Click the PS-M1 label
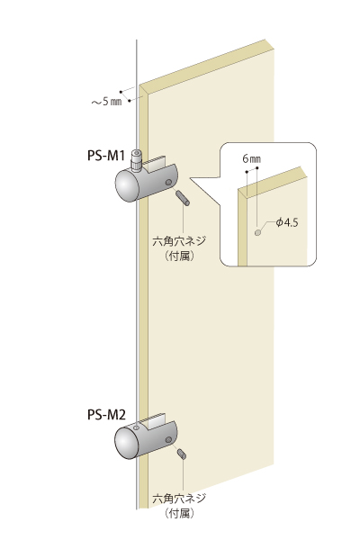[x=105, y=156]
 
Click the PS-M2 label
[x=106, y=415]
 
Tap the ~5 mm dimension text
[x=106, y=102]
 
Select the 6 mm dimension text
[x=251, y=158]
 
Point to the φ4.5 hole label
[x=286, y=222]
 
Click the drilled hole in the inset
[x=257, y=232]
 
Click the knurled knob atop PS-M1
[x=137, y=160]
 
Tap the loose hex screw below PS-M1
[x=183, y=198]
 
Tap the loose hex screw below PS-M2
[x=182, y=454]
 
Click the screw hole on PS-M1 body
[x=168, y=182]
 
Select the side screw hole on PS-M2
[x=168, y=439]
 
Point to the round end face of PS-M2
[x=126, y=443]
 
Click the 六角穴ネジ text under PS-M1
[x=179, y=240]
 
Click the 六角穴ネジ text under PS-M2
[x=179, y=498]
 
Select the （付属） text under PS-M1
[x=179, y=256]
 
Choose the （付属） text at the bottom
[x=179, y=514]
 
